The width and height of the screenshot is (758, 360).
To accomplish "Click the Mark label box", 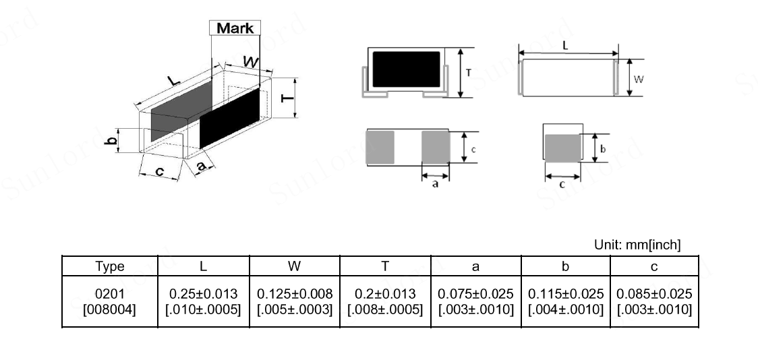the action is coord(235,28).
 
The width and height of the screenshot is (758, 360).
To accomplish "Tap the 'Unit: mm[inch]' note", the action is coord(637,245).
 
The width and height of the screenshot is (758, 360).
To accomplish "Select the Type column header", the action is coord(110,266).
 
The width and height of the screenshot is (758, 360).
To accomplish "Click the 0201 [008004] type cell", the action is coord(110,301).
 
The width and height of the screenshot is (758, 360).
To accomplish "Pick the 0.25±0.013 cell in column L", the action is coord(203,301).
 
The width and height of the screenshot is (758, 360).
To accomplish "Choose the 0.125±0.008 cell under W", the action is coord(295,301).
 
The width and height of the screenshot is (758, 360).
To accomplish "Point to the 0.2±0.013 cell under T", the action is coord(385,301).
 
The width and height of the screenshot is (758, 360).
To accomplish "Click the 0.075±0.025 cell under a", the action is coord(475,301).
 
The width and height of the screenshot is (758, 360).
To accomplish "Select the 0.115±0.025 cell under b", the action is coord(566,301).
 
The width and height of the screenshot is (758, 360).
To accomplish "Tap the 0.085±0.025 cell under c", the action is coord(654,301).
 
